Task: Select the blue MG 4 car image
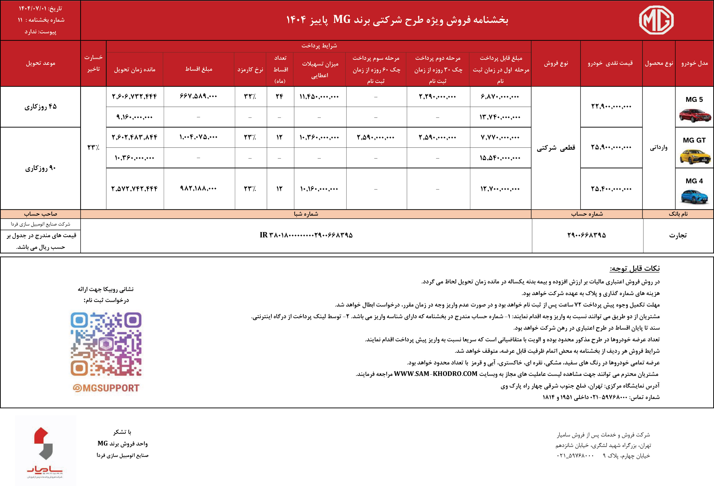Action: (x=694, y=196)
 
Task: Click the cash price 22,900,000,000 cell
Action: (x=611, y=107)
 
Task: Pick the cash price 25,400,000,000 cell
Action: (x=611, y=189)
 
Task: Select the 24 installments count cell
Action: (x=279, y=96)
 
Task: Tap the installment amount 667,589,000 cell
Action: (x=198, y=96)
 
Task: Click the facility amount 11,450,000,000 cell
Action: (x=319, y=96)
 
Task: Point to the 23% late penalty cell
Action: (x=93, y=148)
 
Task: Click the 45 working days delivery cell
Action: (x=41, y=107)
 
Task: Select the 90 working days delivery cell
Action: (x=41, y=168)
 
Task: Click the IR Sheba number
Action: (x=306, y=235)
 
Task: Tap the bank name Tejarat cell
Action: (x=678, y=235)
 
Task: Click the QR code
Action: (x=106, y=344)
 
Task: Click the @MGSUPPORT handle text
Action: (x=106, y=388)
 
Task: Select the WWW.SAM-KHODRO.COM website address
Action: (x=436, y=374)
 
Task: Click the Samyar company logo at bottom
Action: (x=45, y=451)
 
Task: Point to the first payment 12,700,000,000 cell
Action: (x=500, y=189)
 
